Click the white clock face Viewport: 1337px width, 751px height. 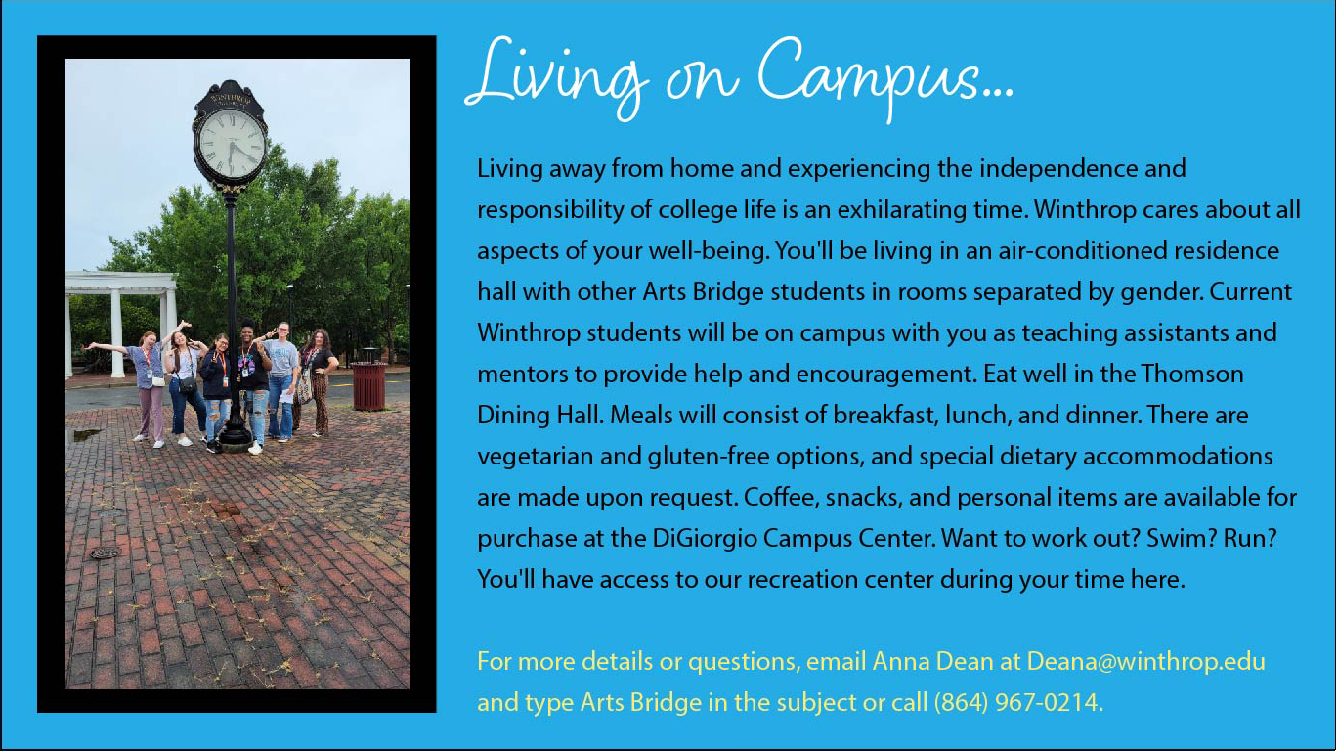click(x=231, y=144)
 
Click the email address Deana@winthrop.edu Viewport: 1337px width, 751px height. click(x=1145, y=661)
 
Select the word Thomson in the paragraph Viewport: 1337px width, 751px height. click(x=1192, y=374)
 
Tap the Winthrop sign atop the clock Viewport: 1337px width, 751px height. click(x=231, y=98)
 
